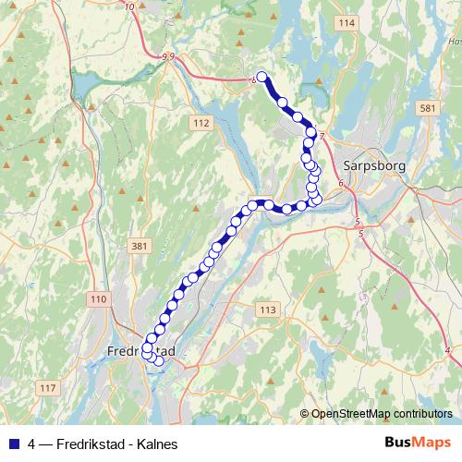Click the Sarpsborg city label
(x=369, y=166)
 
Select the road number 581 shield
(x=426, y=109)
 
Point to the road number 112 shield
(x=202, y=122)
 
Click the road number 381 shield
(x=140, y=246)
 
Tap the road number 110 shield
(x=100, y=298)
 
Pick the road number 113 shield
(x=268, y=309)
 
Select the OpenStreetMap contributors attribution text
(x=382, y=414)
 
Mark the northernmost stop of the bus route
(x=261, y=78)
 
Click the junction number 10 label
(x=128, y=6)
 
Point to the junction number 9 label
(x=166, y=57)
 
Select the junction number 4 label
(x=447, y=348)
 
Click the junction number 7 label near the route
(x=322, y=136)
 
